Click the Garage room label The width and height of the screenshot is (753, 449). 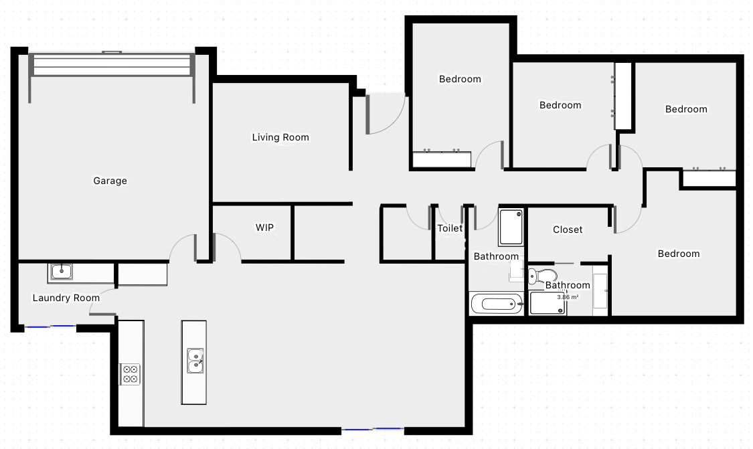point(110,181)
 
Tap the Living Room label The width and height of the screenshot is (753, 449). point(280,137)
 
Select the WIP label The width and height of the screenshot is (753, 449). point(264,227)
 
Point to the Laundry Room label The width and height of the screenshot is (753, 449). point(66,298)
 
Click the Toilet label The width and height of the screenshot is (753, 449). point(450,228)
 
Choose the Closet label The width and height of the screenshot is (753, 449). point(568,230)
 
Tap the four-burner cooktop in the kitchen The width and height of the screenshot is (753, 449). point(130,374)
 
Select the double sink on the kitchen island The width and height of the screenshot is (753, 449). point(195,361)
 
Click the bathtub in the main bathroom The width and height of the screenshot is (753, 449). point(497,304)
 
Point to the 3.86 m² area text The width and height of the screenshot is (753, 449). point(568,297)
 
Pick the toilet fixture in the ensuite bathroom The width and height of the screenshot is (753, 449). point(541,276)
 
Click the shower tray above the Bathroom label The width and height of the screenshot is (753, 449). point(511,227)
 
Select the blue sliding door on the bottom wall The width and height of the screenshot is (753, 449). point(372,429)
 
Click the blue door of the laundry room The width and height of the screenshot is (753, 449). point(50,327)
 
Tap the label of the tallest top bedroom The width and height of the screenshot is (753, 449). point(460,79)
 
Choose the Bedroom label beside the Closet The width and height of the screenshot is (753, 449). point(679,254)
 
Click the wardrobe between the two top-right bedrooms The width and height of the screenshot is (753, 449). point(623,96)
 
